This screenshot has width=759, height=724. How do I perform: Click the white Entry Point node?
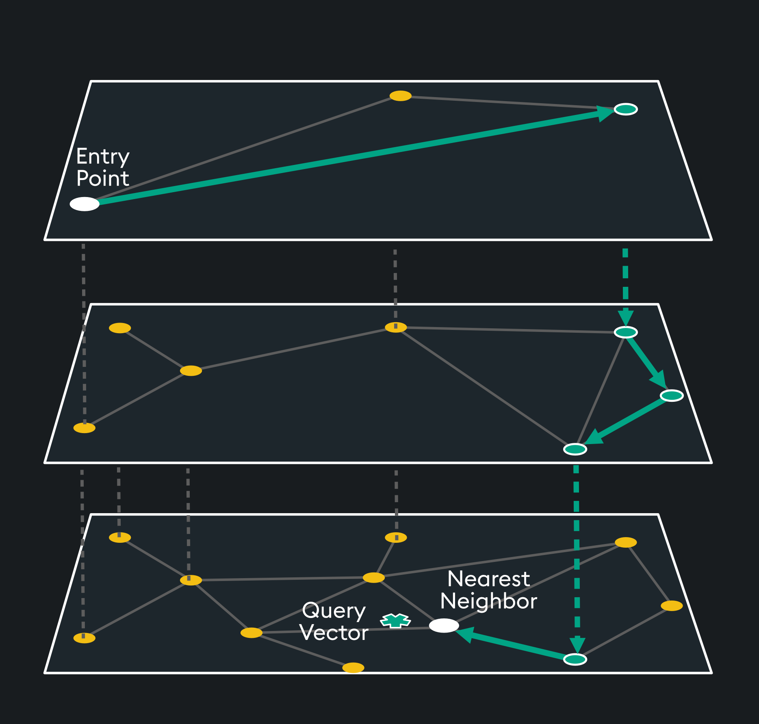(x=85, y=204)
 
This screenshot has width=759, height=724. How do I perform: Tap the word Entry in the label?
(x=103, y=157)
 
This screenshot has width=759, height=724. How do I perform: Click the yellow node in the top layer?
(x=401, y=96)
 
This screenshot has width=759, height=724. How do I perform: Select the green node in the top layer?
(x=626, y=109)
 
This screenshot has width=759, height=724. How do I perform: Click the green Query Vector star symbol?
(x=395, y=620)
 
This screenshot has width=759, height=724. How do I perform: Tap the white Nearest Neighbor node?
(x=444, y=626)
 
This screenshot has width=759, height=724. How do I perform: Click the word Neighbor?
(x=489, y=601)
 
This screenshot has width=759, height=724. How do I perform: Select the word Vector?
(x=334, y=633)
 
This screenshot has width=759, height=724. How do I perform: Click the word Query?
(x=334, y=611)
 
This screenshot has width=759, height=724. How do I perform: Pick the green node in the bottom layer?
(x=575, y=659)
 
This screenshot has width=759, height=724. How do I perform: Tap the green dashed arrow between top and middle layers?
(x=626, y=284)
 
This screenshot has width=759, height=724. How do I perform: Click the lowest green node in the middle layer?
(x=575, y=449)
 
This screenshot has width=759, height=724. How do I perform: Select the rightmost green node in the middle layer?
(x=672, y=395)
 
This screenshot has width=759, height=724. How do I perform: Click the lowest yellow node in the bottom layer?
(x=353, y=668)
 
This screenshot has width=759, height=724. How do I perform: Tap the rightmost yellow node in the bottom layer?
(x=672, y=606)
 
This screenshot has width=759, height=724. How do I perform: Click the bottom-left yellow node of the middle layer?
(x=84, y=428)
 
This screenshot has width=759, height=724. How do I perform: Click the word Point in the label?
(x=103, y=179)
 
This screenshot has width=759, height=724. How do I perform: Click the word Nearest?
(x=489, y=579)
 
